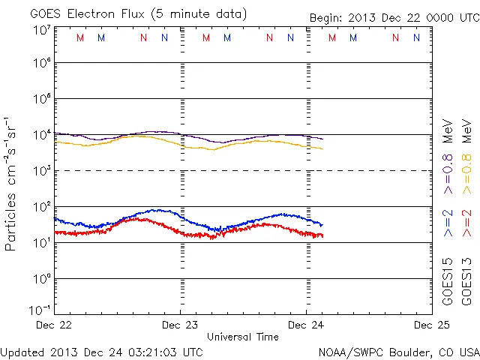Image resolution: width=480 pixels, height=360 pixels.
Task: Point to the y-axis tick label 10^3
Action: click(42, 171)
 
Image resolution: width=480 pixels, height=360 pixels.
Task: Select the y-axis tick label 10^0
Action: click(42, 279)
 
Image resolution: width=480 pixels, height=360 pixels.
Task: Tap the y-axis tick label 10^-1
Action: click(42, 310)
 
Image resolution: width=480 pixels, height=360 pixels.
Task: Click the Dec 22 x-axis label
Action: click(55, 325)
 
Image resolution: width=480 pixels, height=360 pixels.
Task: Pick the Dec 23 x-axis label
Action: click(181, 325)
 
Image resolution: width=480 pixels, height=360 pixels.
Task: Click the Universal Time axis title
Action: click(243, 337)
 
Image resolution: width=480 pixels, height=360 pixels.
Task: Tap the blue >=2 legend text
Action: click(448, 223)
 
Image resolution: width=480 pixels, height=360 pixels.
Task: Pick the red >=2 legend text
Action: click(466, 223)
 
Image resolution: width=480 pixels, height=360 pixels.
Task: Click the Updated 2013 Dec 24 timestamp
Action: click(102, 351)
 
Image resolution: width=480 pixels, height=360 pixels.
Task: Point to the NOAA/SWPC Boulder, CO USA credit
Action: click(398, 351)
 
